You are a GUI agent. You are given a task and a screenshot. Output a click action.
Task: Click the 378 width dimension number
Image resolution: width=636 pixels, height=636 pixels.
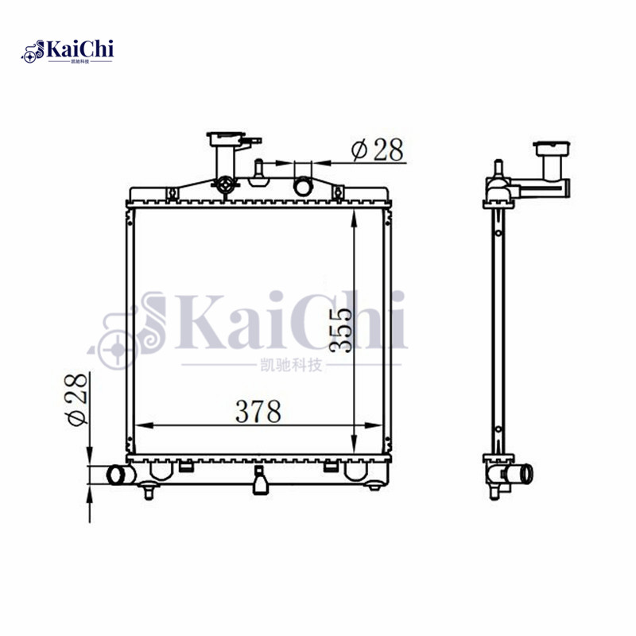point(258,412)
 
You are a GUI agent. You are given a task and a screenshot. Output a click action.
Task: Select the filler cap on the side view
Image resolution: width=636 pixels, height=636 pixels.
point(548,148)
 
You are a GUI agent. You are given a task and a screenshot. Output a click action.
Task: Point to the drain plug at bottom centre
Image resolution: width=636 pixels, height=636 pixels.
point(259,482)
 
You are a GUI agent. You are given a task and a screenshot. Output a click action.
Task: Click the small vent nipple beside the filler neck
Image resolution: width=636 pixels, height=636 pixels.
point(258,171)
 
